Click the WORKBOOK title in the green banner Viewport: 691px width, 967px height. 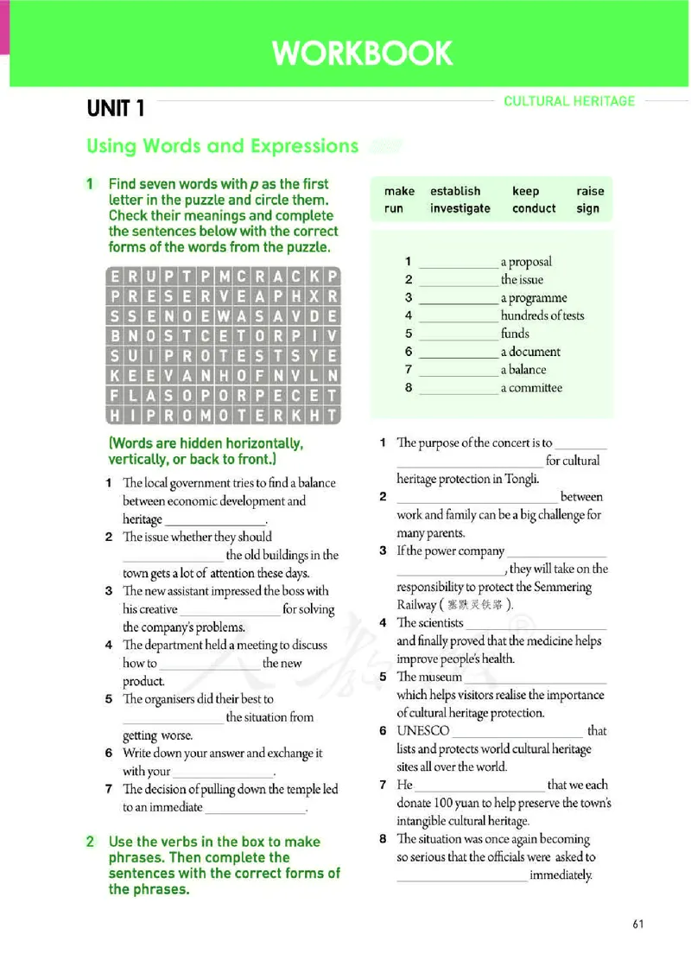click(363, 54)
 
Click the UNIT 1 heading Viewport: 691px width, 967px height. click(116, 109)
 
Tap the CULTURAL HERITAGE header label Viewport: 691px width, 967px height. click(569, 101)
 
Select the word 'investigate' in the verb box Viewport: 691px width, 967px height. click(460, 208)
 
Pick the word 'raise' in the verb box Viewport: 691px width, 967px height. click(590, 191)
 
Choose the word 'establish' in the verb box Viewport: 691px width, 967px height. click(455, 191)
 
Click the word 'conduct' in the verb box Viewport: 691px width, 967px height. click(534, 208)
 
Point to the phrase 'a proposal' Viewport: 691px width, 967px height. click(526, 262)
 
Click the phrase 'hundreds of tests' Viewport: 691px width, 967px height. click(542, 315)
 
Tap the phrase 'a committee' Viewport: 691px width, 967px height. click(531, 388)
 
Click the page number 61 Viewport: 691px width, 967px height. click(638, 924)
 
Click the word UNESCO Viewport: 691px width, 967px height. click(423, 731)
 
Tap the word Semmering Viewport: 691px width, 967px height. click(565, 588)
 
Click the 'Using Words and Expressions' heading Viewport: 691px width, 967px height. click(222, 146)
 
